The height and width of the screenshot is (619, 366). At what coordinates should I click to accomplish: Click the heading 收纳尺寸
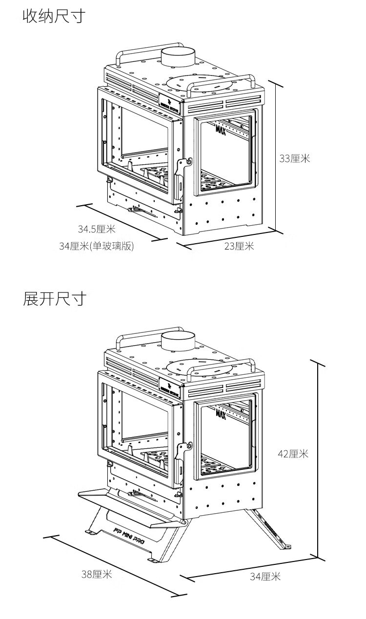54,16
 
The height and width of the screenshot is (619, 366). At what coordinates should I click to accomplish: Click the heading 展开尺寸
54,298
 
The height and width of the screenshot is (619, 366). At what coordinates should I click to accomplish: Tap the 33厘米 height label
294,158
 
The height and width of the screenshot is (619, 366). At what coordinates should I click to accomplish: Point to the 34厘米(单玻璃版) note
96,246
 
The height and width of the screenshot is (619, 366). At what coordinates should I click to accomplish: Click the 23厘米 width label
239,246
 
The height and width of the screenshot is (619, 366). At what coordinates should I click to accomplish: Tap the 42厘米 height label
293,454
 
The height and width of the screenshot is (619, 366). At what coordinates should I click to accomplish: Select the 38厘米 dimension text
97,574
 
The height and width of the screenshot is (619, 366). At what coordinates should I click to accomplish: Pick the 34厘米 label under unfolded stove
265,577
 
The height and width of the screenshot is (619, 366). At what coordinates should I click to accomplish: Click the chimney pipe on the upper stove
178,58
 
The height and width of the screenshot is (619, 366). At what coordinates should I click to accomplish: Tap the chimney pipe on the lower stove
178,341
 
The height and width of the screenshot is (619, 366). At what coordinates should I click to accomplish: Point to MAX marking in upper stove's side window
221,129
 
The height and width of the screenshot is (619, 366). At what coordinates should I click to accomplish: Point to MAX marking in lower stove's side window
221,414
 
